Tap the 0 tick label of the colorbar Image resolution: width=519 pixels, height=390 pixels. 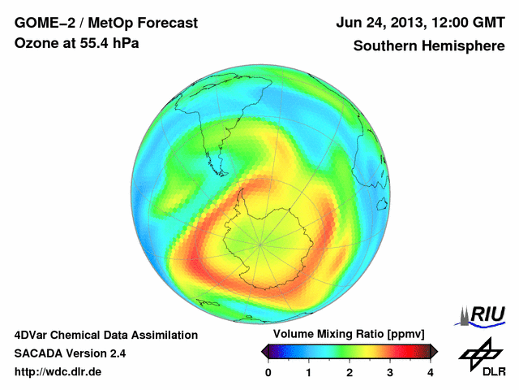click(268, 372)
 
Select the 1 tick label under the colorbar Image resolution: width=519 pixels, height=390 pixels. click(309, 372)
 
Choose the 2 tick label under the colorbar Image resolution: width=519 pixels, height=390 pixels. click(350, 372)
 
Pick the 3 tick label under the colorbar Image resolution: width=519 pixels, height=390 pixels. click(390, 372)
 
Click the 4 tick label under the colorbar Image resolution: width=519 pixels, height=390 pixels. click(431, 372)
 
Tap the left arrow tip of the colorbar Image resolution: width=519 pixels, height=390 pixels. click(263, 351)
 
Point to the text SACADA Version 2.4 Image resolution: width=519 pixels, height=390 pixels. click(70, 353)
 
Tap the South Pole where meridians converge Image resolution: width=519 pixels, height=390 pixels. click(259, 242)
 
